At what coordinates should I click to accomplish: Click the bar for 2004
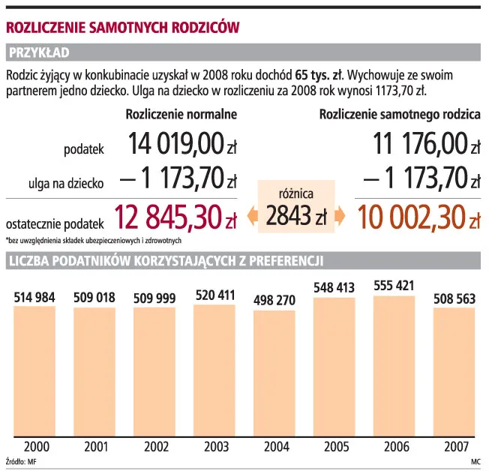(274, 373)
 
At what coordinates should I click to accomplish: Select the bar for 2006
(394, 366)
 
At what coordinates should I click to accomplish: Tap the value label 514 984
(34, 298)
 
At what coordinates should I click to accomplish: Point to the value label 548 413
(334, 287)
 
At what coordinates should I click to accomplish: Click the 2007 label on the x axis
(456, 447)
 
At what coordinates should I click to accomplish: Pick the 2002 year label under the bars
(156, 447)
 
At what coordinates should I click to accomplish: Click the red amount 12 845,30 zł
(175, 217)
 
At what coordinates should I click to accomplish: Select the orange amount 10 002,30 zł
(418, 217)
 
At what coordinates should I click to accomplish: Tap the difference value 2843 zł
(296, 215)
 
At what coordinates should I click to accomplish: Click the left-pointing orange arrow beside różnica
(252, 215)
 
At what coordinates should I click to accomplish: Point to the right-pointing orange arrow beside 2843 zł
(340, 215)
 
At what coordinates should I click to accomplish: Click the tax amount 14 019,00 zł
(182, 143)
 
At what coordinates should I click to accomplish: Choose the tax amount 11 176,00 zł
(427, 143)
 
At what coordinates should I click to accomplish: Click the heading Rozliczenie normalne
(181, 115)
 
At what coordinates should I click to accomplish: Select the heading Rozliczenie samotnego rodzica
(400, 115)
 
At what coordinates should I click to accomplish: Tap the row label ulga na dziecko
(66, 183)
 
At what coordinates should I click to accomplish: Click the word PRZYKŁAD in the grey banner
(39, 52)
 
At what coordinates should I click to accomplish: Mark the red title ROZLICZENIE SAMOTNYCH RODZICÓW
(122, 28)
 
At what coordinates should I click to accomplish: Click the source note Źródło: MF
(21, 461)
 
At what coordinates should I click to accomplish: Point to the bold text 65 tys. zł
(319, 75)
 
